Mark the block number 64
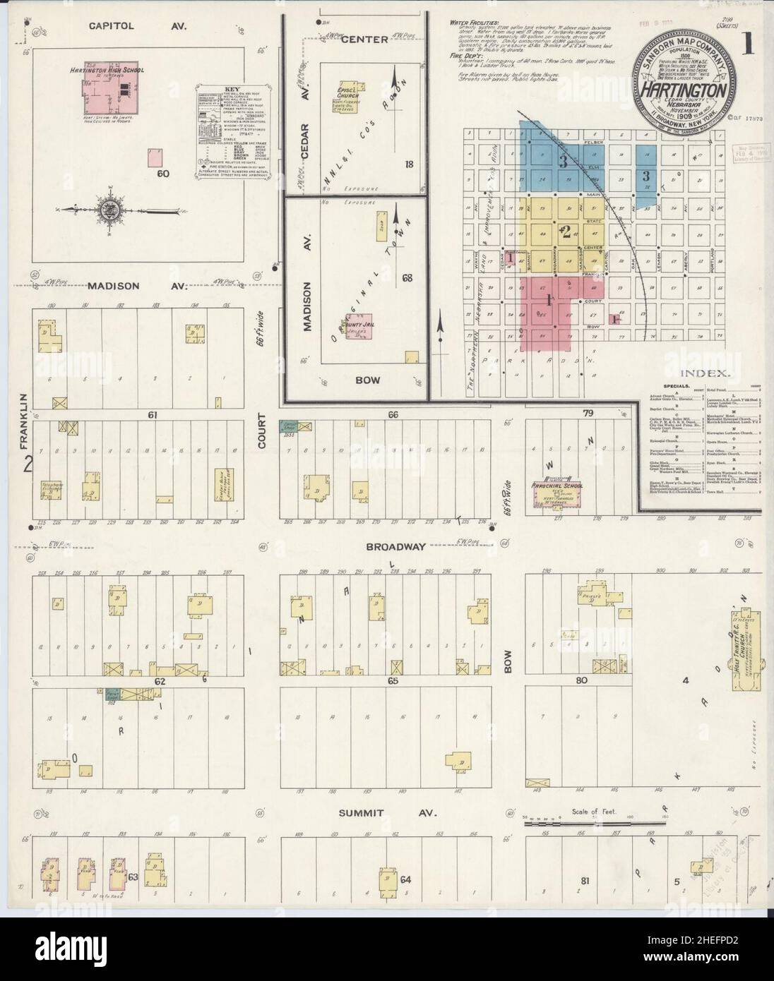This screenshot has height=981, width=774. tap(405, 880)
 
